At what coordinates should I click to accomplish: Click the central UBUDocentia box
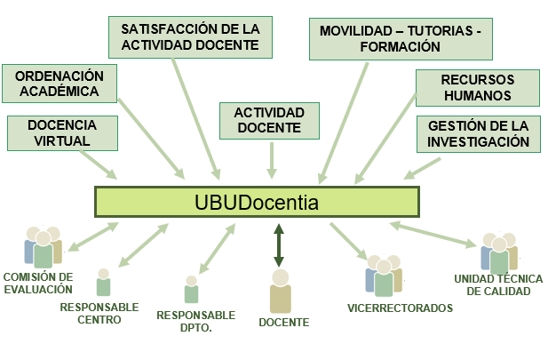[257, 203]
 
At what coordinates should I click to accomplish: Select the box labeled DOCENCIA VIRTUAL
[62, 132]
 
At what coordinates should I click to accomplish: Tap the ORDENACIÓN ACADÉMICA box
[60, 84]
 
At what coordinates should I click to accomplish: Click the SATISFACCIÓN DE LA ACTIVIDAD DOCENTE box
[189, 36]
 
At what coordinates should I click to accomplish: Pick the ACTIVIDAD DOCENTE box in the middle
[269, 121]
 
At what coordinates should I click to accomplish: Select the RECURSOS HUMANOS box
[477, 87]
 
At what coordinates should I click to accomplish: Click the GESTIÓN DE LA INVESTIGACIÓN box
[478, 133]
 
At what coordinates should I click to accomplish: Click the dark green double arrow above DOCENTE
[279, 245]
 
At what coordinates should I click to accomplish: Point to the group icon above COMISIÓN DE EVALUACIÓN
[43, 248]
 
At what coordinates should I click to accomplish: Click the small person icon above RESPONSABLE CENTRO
[103, 283]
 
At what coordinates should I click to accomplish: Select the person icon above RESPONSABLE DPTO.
[191, 290]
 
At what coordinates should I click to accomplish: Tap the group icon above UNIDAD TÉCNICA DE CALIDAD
[498, 253]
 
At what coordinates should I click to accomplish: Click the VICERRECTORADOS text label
[400, 308]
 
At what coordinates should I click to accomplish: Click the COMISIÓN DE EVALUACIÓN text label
[37, 283]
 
